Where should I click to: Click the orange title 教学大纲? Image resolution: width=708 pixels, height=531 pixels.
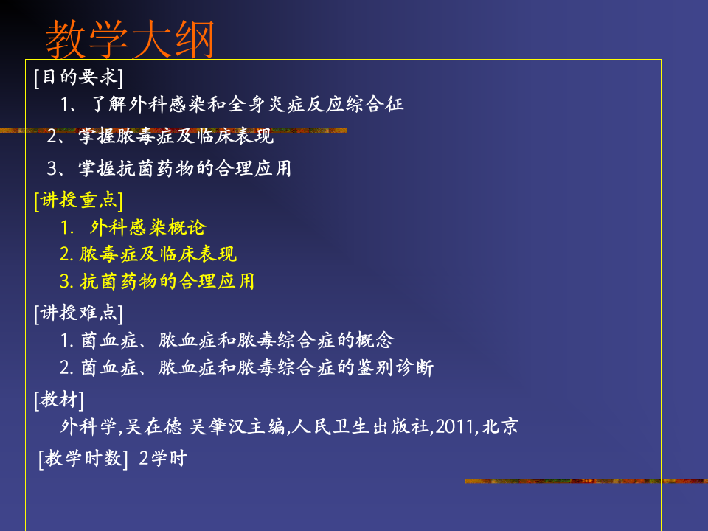130,38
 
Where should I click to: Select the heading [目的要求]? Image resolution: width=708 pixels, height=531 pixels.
78,77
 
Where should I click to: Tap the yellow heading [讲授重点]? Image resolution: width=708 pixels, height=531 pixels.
78,201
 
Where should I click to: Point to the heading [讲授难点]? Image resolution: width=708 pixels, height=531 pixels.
78,313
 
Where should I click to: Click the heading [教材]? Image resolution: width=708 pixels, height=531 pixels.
59,400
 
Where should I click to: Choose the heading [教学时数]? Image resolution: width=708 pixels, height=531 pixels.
83,459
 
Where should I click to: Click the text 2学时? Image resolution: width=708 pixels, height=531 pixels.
163,459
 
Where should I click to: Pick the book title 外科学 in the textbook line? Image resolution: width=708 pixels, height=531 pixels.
88,427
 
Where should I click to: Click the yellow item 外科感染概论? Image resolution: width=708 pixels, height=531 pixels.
147,228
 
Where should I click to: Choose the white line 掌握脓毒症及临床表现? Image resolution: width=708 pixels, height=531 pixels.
176,136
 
